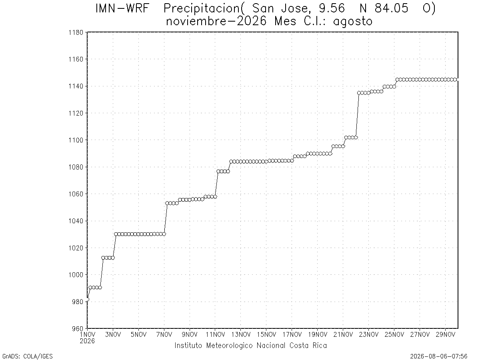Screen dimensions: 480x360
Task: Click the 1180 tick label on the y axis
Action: click(x=76, y=32)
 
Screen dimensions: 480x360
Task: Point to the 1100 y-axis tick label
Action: click(x=76, y=140)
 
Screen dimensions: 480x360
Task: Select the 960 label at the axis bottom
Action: click(x=78, y=328)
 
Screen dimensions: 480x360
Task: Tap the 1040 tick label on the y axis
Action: click(x=76, y=221)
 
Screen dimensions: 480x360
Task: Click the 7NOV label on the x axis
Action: click(x=164, y=334)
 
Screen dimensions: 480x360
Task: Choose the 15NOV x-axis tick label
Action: click(x=266, y=334)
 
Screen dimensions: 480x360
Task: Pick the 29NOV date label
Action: click(x=446, y=334)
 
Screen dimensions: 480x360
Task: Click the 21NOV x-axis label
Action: click(x=343, y=334)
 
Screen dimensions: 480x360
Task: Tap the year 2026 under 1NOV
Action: click(x=87, y=341)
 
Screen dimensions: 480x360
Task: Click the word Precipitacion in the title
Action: click(x=202, y=9)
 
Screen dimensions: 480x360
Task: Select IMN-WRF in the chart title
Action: click(x=122, y=8)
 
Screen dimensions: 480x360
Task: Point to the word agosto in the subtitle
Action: click(x=352, y=22)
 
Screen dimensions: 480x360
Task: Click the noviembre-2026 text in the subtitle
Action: click(x=216, y=22)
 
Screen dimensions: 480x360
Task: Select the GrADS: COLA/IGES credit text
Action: click(x=28, y=356)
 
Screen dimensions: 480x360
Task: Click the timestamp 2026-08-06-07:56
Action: click(x=439, y=356)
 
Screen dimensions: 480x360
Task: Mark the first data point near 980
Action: click(x=87, y=299)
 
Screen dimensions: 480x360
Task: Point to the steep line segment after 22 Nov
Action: click(x=357, y=115)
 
